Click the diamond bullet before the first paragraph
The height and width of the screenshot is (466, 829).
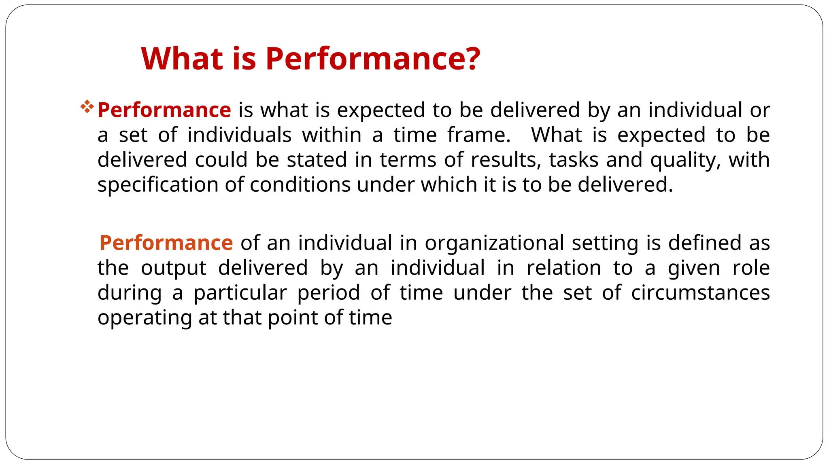click(87, 107)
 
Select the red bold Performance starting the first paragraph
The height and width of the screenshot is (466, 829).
click(164, 110)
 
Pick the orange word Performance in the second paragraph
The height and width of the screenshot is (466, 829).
click(166, 243)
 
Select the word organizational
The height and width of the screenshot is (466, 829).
click(494, 244)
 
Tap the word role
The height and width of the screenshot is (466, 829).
click(751, 268)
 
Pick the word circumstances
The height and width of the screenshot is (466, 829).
click(700, 293)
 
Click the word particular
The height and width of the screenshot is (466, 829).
click(240, 293)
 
